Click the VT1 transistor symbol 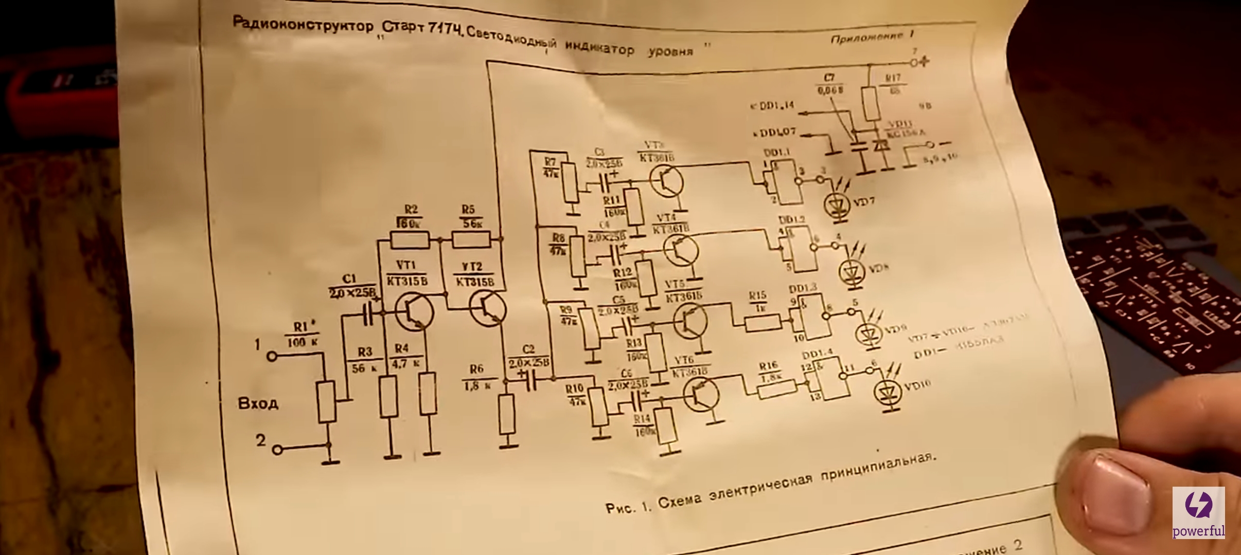414,310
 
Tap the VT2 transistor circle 488,309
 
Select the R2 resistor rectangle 410,239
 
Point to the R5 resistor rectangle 471,239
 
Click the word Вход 258,403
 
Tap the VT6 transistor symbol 701,394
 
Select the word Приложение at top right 866,38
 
